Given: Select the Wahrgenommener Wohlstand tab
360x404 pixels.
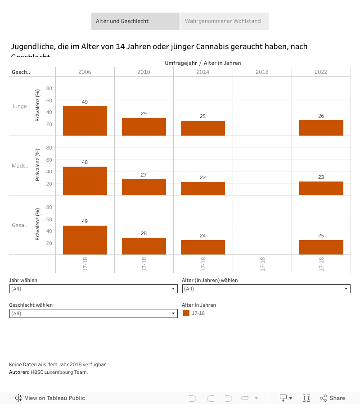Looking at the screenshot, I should (224, 21).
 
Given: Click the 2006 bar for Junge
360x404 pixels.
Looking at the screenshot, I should (85, 121).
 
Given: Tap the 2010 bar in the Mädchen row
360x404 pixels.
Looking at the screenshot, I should (144, 187).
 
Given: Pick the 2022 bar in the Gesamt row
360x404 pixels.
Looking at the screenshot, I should (321, 247).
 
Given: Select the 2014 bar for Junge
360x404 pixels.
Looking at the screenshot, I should (203, 128).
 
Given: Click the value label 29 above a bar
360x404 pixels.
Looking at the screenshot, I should (144, 113).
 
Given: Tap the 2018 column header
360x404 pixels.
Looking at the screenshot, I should (262, 72).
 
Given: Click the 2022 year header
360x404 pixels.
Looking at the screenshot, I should (321, 72).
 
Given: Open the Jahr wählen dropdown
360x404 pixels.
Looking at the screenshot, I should (93, 289).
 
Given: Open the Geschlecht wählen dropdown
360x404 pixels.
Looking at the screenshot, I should (93, 313).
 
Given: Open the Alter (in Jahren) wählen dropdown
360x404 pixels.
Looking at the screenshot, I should (266, 289).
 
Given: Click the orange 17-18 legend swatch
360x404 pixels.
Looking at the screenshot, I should (186, 313).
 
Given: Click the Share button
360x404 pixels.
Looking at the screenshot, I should (333, 398).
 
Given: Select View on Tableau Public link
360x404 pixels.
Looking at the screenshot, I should (50, 398).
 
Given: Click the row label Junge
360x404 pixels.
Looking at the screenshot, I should (19, 106).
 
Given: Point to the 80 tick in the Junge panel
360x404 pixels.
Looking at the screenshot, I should (49, 88).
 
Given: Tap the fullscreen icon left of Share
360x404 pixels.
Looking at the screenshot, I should (306, 398).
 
